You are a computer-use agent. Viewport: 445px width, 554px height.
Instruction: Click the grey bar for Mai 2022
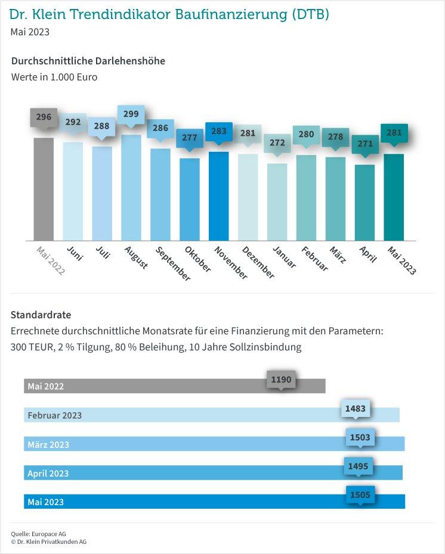tap(44, 189)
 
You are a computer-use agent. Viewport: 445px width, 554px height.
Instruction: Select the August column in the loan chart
tap(131, 188)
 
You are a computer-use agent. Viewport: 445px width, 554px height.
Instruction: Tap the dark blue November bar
tap(218, 196)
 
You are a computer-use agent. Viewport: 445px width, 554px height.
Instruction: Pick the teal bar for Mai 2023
tap(394, 197)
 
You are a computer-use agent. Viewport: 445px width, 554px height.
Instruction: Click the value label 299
tap(131, 114)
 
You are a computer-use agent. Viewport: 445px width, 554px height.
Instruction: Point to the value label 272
tap(277, 143)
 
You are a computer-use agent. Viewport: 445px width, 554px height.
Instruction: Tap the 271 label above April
tap(365, 144)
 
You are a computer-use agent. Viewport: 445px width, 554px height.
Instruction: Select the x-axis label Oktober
tap(198, 259)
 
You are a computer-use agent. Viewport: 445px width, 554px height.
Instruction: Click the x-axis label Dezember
tap(258, 263)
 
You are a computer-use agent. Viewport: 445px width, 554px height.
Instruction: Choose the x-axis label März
tap(338, 255)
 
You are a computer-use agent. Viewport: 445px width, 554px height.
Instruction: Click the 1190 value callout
tap(281, 380)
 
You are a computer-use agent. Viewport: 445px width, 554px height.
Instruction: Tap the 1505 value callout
tap(360, 495)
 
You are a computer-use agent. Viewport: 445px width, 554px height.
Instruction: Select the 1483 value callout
tap(355, 409)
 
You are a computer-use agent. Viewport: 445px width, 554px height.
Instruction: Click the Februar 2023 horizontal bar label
tap(55, 415)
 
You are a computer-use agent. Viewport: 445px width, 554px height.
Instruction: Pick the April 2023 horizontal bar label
tap(48, 474)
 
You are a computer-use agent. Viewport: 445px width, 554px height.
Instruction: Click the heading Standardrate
tap(41, 315)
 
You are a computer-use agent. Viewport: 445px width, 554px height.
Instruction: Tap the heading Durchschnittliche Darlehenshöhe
tap(88, 61)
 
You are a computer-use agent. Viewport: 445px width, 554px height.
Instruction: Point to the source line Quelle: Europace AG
tap(38, 534)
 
